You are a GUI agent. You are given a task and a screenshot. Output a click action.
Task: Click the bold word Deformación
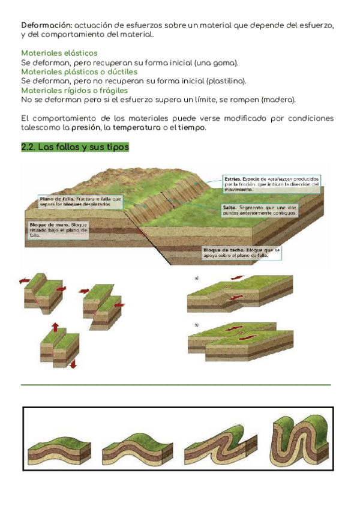pyautogui.click(x=46, y=25)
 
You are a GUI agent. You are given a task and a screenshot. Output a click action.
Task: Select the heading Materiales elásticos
pyautogui.click(x=59, y=53)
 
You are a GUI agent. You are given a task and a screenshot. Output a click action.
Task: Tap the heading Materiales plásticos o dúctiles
pyautogui.click(x=70, y=71)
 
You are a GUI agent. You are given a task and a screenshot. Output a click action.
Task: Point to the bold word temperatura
pyautogui.click(x=137, y=128)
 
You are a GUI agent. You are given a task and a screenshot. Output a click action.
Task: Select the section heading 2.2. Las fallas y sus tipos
pyautogui.click(x=74, y=148)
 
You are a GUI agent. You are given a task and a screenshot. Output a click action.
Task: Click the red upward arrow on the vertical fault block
pyautogui.click(x=55, y=328)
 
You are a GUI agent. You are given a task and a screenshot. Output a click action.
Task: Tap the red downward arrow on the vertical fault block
pyautogui.click(x=73, y=363)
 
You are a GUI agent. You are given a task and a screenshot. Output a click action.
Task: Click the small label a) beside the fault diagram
pyautogui.click(x=196, y=279)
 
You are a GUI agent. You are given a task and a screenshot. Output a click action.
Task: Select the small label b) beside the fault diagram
pyautogui.click(x=196, y=325)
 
